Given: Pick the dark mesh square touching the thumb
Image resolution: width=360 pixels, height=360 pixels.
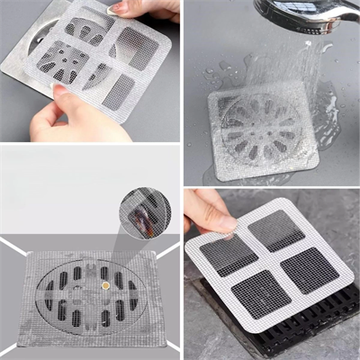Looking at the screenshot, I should tap(226, 255).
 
